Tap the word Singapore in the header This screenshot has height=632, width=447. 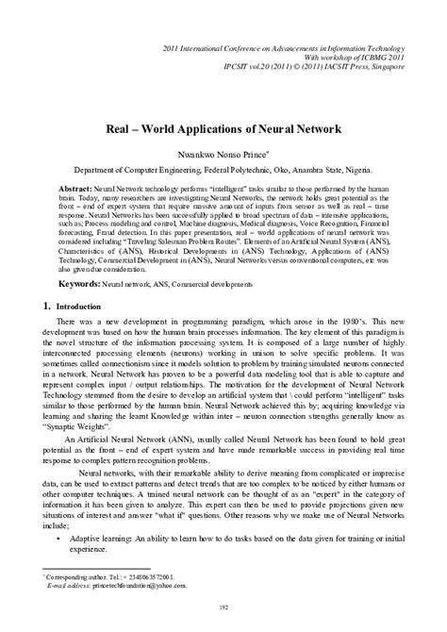407,70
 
